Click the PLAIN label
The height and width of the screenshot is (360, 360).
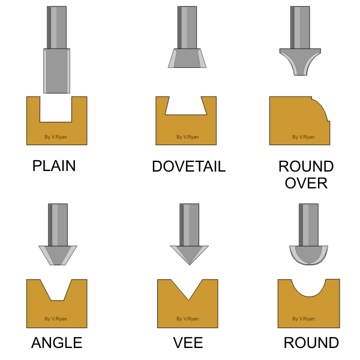54,166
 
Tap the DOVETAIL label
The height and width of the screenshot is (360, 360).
189,166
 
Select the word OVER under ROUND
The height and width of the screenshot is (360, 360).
306,183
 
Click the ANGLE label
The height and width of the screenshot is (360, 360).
57,343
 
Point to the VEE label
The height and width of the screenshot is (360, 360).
188,343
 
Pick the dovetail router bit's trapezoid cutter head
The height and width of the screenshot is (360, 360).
187,58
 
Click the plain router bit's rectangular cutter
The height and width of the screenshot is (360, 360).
57,71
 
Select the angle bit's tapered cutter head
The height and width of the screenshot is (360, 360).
58,255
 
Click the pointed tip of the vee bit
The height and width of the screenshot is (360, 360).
190,265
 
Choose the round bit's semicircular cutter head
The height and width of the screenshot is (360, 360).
308,255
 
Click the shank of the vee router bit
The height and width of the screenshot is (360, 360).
189,225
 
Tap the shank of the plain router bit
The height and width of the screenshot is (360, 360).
57,28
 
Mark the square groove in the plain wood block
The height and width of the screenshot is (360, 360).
56,109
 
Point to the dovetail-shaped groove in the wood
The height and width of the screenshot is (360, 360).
186,106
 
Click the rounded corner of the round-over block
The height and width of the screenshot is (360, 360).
322,107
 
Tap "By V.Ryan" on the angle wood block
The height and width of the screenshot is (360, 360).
56,319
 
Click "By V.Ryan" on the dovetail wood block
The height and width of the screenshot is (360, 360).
188,137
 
